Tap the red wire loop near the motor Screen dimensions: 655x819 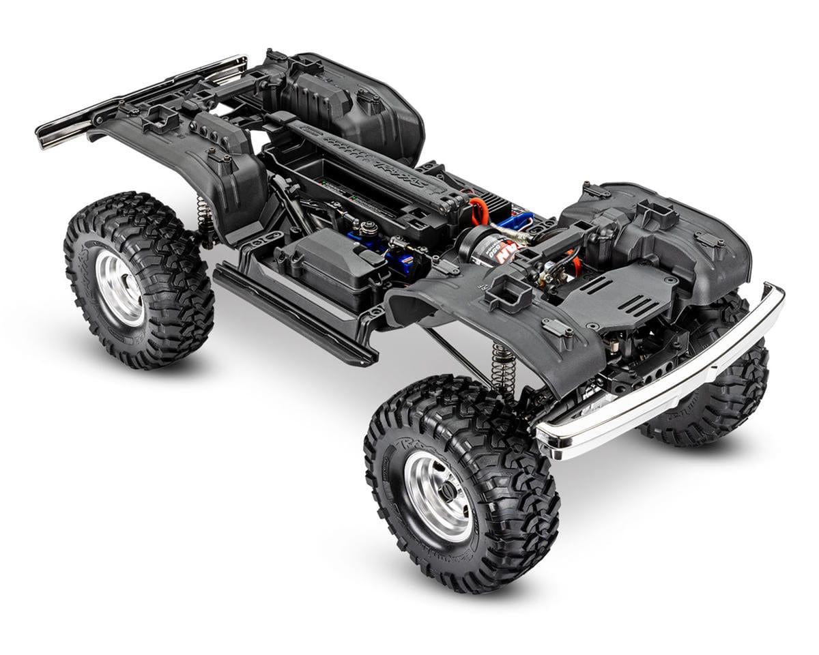478,211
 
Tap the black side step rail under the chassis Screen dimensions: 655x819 293,314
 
